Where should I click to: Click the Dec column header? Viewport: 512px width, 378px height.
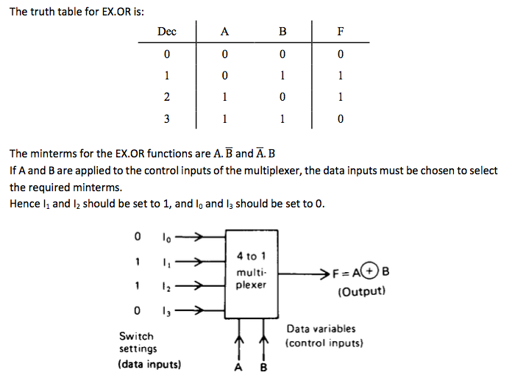(x=167, y=32)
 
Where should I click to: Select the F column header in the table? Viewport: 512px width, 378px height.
(x=340, y=32)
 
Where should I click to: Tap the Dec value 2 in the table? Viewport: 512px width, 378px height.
(x=167, y=96)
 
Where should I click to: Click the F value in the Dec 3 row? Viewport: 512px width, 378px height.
(x=340, y=118)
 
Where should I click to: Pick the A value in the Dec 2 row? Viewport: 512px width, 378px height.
(x=224, y=96)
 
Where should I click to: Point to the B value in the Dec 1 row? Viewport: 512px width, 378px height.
(x=282, y=75)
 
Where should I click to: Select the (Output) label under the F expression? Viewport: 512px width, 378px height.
(x=361, y=291)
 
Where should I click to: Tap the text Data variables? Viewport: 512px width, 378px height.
(x=320, y=329)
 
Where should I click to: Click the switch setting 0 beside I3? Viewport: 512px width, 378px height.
(x=137, y=310)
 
